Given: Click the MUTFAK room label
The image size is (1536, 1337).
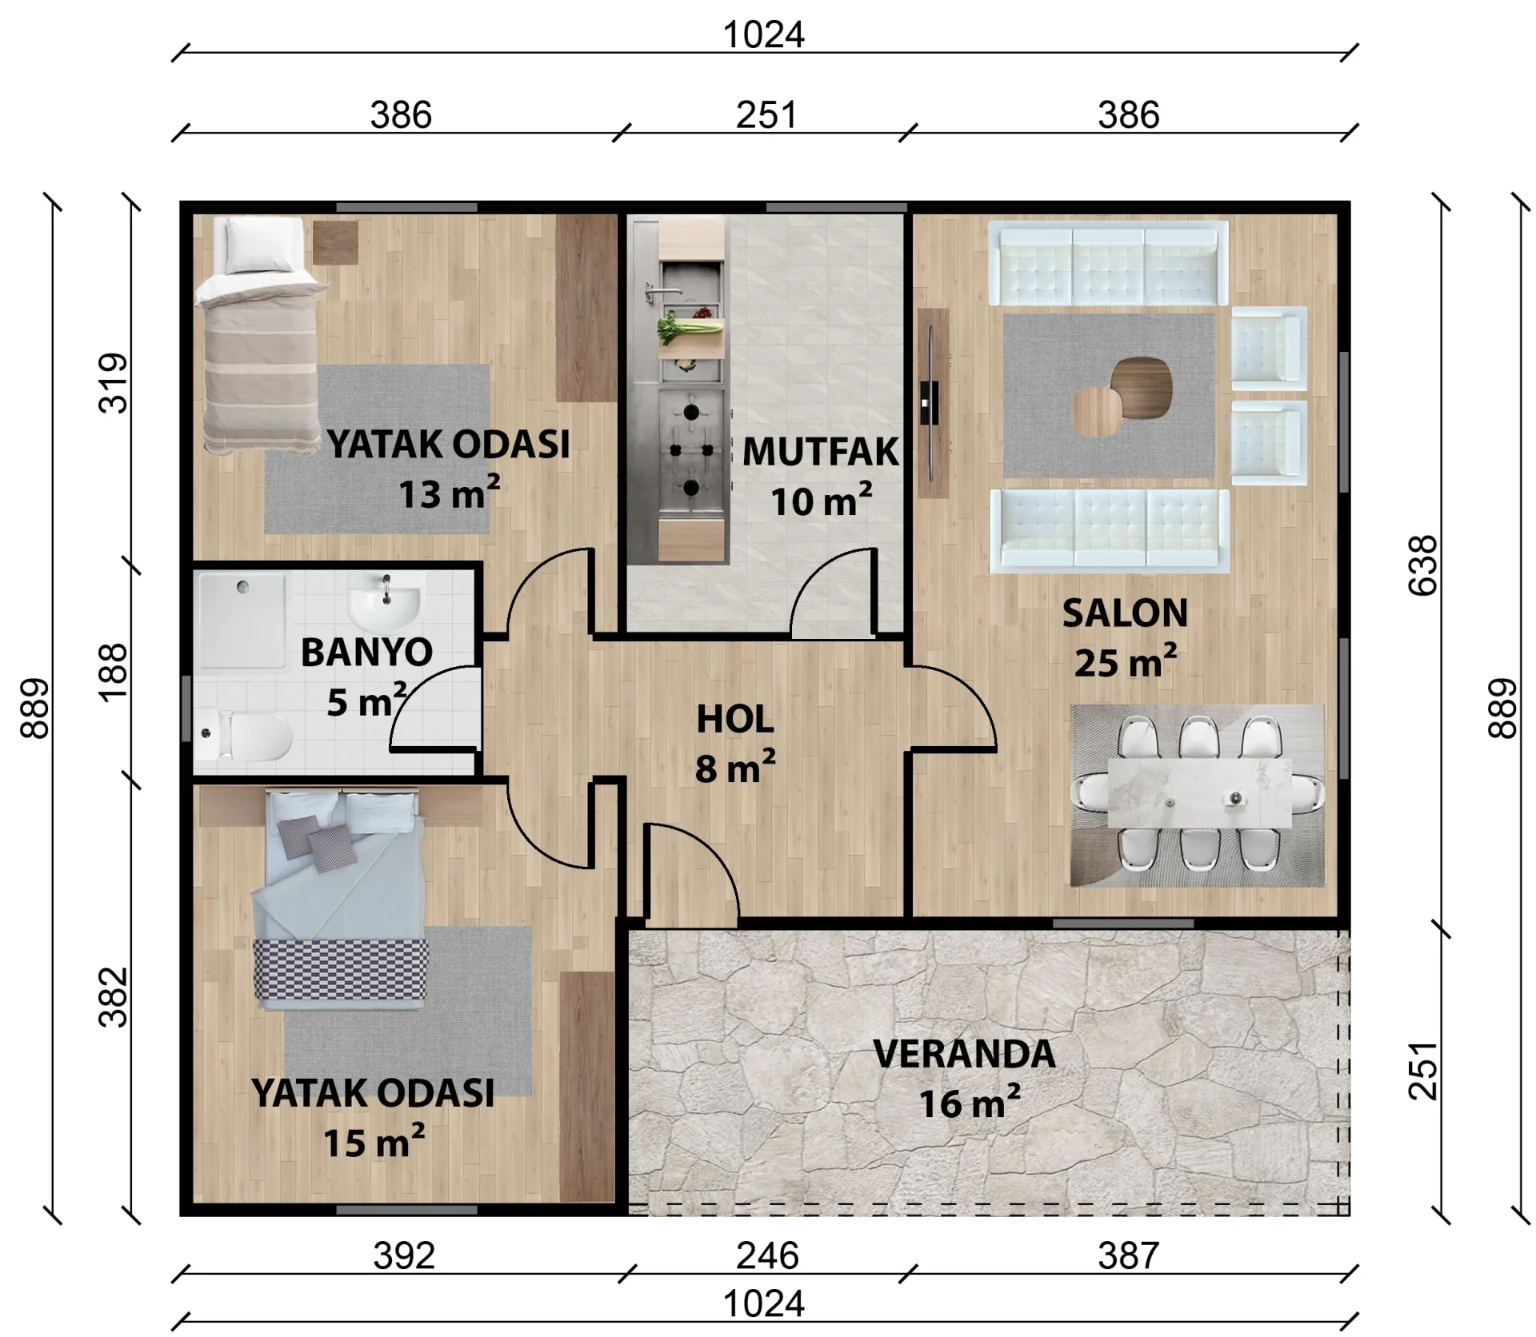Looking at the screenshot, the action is click(x=821, y=452).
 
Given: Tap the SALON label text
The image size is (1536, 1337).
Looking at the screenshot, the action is click(x=1125, y=614).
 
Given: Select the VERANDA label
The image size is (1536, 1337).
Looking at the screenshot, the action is click(x=964, y=1054).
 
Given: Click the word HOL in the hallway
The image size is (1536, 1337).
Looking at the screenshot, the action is click(x=735, y=720).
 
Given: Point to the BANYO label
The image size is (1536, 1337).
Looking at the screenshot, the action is click(x=367, y=653).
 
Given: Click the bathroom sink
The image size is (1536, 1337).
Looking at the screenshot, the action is click(x=385, y=602).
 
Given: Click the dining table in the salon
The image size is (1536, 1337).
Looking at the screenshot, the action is click(x=1199, y=792).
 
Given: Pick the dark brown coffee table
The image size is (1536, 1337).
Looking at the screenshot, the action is click(x=1141, y=387).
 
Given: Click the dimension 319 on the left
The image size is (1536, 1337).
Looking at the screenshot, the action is click(x=114, y=383).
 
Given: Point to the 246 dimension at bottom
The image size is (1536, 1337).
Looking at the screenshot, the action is click(x=767, y=1255).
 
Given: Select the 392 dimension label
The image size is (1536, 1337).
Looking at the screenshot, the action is click(x=404, y=1255).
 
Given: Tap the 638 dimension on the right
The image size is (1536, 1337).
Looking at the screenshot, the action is click(x=1422, y=565).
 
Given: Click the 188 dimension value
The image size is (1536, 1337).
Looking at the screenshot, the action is click(x=114, y=672).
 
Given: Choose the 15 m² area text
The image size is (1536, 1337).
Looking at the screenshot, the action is click(x=374, y=1142).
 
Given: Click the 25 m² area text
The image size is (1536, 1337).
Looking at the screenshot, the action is click(x=1125, y=662).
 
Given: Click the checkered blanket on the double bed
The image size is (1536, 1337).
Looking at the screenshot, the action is click(x=341, y=970).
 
